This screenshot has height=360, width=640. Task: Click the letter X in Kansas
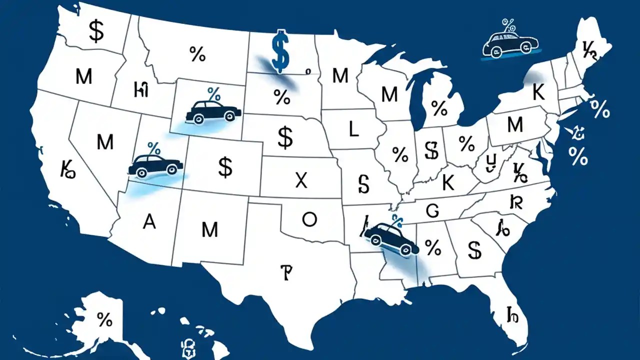click(301, 180)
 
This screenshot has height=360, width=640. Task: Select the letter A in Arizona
click(149, 222)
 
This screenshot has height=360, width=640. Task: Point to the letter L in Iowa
click(353, 130)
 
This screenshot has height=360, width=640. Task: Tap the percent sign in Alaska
click(104, 319)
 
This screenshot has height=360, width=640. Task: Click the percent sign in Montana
click(197, 54)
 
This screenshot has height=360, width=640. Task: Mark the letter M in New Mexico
click(210, 230)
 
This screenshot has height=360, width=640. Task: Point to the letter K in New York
click(538, 93)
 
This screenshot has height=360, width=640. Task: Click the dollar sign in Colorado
click(225, 168)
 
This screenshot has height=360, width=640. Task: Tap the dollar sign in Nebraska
click(285, 137)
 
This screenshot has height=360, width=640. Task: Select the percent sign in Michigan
click(439, 107)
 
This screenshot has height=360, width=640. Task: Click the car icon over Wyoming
click(210, 111)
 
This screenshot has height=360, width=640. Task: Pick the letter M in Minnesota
click(340, 76)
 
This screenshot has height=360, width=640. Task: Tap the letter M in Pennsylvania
click(514, 125)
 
